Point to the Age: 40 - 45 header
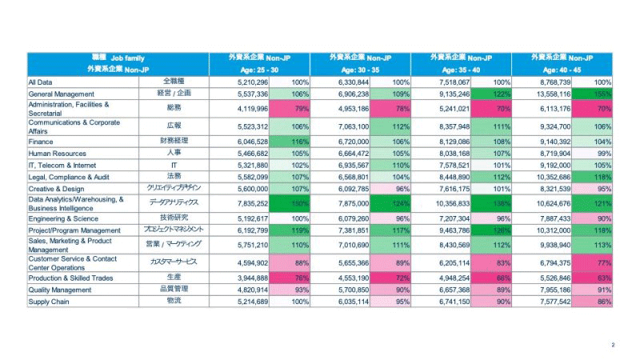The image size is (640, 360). point(562,69)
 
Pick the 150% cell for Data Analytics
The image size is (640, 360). point(300,203)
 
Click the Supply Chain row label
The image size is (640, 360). point(47,302)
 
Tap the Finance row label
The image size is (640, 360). point(41,140)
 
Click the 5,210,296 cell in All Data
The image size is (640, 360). point(258,82)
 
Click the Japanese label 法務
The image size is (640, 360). point(173,175)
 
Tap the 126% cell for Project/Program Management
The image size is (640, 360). point(502,230)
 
